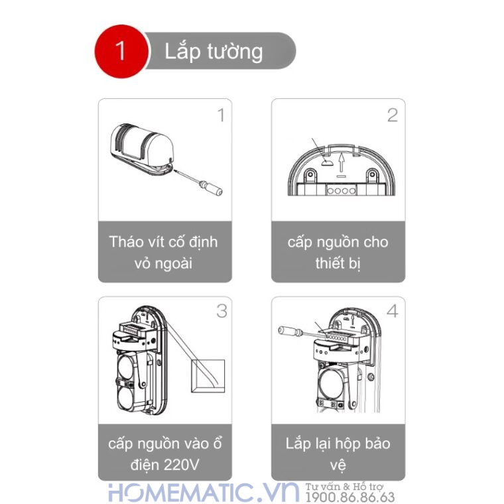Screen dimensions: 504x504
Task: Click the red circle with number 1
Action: pyautogui.click(x=121, y=51)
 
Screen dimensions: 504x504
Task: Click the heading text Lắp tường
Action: pyautogui.click(x=214, y=52)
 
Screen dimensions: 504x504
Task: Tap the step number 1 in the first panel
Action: pyautogui.click(x=221, y=115)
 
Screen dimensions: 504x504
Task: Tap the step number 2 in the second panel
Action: pyautogui.click(x=392, y=115)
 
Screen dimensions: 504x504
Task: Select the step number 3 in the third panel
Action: pyautogui.click(x=221, y=310)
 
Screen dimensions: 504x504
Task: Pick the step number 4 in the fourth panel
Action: pyautogui.click(x=392, y=310)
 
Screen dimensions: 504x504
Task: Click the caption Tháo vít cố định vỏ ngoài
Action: pyautogui.click(x=164, y=252)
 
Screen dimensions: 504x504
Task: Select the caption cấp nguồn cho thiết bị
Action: pyautogui.click(x=338, y=252)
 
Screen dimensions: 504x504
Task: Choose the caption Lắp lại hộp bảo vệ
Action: pyautogui.click(x=338, y=453)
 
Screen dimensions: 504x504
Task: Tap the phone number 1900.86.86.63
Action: pyautogui.click(x=349, y=497)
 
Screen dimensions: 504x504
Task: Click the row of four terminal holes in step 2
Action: pyautogui.click(x=338, y=188)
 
